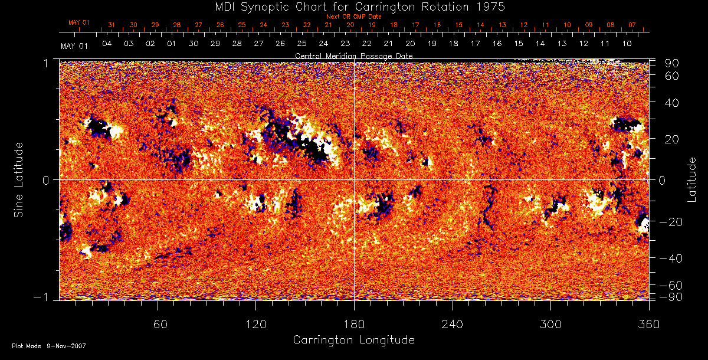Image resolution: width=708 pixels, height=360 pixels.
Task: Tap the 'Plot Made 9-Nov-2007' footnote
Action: point(49,346)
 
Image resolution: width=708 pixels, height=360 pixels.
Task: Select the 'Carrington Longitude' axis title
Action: point(353,339)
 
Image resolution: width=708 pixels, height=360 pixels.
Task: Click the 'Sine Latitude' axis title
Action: point(20,179)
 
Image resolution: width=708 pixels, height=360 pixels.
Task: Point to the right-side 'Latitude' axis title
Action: point(691,179)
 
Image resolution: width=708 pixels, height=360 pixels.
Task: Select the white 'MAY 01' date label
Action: point(74,46)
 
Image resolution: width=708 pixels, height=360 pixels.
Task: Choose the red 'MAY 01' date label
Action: point(78,23)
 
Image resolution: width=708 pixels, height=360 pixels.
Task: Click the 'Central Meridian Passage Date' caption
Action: point(353,55)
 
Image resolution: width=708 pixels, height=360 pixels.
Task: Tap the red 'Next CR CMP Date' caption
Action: point(353,17)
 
